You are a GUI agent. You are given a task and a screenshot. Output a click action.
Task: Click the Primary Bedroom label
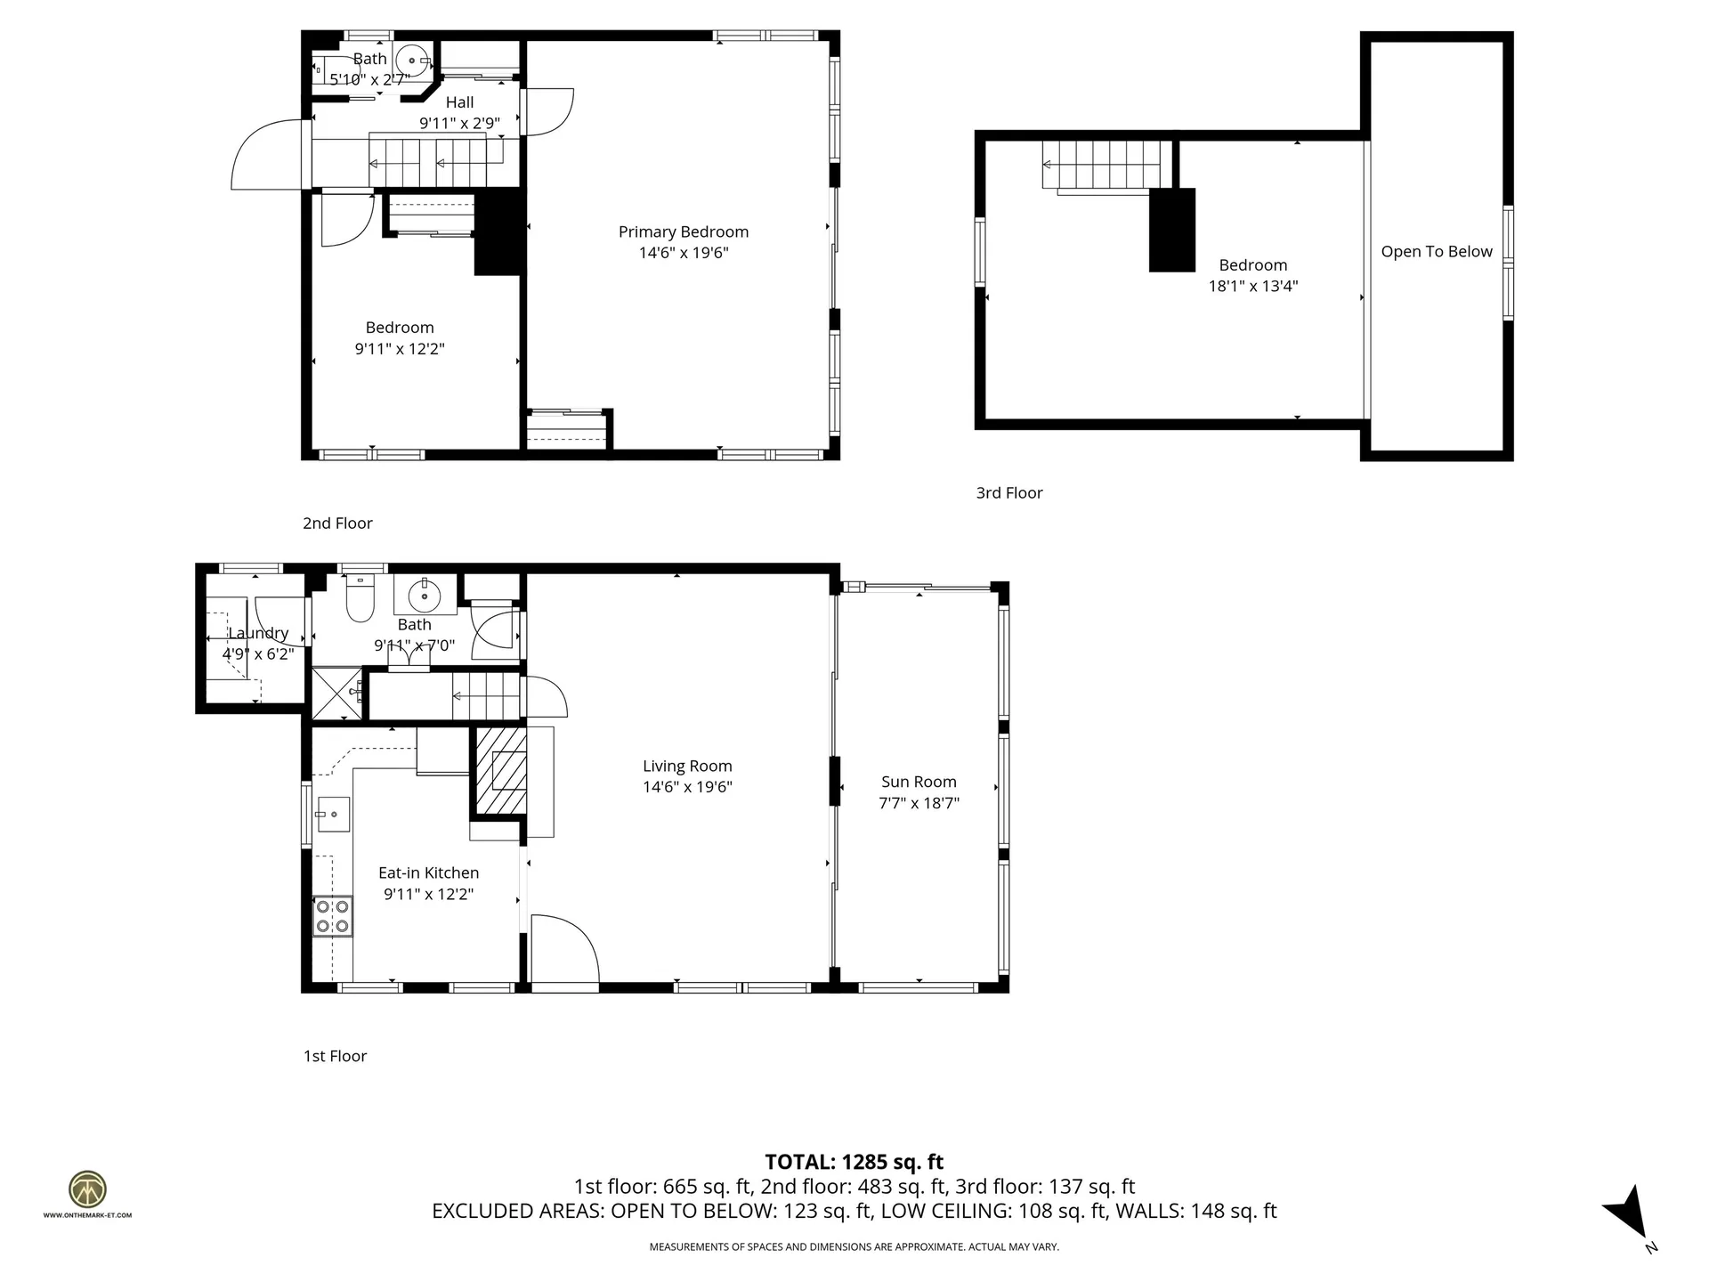[684, 231]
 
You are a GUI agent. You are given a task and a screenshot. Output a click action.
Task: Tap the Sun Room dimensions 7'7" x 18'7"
[919, 803]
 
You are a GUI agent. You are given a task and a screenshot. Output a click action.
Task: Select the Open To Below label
[1436, 252]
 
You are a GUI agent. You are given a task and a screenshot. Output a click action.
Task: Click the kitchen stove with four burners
[332, 917]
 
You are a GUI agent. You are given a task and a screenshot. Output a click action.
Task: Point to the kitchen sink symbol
[333, 814]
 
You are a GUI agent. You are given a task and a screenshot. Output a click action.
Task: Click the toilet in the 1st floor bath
[360, 599]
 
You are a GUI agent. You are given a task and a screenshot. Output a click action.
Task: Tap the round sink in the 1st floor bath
[425, 594]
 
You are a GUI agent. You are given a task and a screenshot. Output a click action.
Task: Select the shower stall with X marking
[336, 692]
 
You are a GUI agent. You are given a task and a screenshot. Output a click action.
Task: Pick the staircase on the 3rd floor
[1103, 165]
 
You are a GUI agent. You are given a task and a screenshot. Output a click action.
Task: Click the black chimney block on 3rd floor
[1171, 230]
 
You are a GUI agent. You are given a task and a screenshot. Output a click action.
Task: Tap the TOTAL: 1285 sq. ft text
[854, 1162]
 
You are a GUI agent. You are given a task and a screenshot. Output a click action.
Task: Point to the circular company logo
[87, 1189]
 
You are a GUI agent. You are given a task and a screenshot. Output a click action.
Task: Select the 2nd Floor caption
[337, 523]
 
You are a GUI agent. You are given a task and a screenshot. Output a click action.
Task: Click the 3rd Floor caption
[1008, 493]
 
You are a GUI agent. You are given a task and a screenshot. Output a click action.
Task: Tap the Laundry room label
[258, 633]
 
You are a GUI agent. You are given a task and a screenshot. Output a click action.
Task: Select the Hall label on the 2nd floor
[459, 102]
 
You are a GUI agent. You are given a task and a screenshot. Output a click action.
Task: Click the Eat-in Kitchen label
[428, 873]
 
